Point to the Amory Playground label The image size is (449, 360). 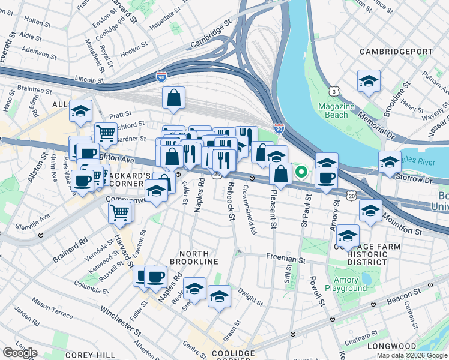click(x=346, y=284)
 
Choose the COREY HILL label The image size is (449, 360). click(x=87, y=355)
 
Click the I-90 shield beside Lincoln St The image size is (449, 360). click(x=161, y=77)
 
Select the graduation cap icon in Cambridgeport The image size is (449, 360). click(x=369, y=81)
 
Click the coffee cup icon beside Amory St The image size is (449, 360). click(x=326, y=178)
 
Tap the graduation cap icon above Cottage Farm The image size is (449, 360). click(x=348, y=235)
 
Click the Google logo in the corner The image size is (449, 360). click(x=20, y=353)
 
